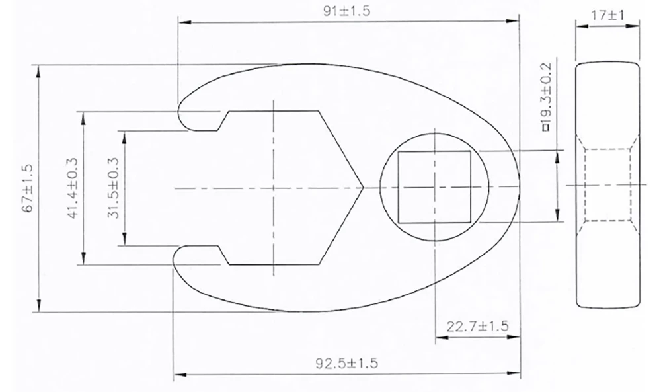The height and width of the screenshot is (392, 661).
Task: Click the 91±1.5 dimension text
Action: click(x=346, y=11)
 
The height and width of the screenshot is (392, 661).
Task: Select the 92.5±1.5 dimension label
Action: click(x=347, y=363)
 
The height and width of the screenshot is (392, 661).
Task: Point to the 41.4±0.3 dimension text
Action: click(x=73, y=188)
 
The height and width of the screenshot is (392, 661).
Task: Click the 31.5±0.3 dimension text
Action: click(x=113, y=188)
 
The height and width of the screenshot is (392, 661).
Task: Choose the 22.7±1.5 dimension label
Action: click(x=478, y=327)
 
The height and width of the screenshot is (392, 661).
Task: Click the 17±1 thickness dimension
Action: click(x=607, y=15)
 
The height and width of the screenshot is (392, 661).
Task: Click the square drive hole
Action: click(x=434, y=186)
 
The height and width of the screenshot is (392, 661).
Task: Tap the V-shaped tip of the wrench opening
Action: click(x=363, y=187)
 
